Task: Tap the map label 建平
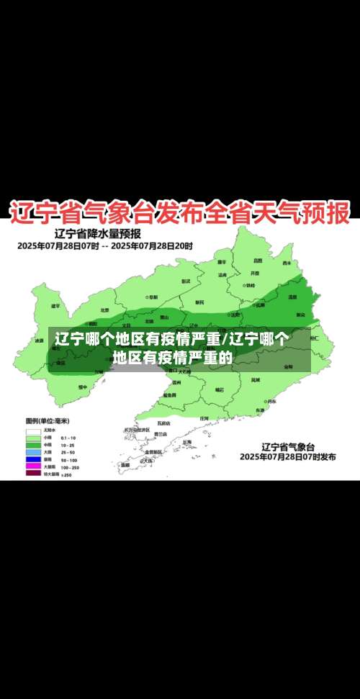tap(55, 305)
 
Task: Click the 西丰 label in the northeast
tap(287, 263)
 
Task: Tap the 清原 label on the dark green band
tap(292, 297)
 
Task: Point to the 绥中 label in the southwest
tap(82, 387)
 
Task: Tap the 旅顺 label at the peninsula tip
tap(125, 464)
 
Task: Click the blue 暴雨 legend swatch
tap(33, 459)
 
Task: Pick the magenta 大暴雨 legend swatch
tap(33, 466)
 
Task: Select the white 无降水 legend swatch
tap(33, 430)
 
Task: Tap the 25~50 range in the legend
tap(68, 451)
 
